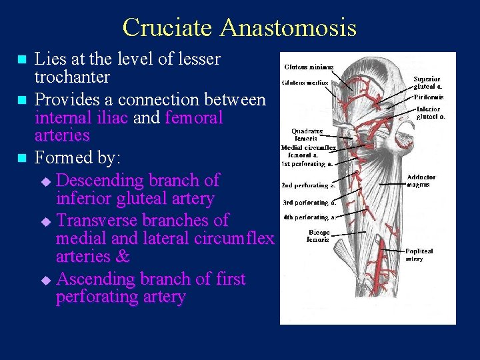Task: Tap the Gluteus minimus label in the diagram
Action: (x=309, y=67)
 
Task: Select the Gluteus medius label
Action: (x=305, y=83)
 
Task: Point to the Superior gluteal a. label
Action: (x=427, y=83)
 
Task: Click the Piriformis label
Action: (x=429, y=97)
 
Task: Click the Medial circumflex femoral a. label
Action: (x=308, y=151)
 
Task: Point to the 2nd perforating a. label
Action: (x=308, y=185)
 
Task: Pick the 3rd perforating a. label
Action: (x=309, y=202)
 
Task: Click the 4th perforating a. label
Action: (x=309, y=217)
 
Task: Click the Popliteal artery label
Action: (x=419, y=255)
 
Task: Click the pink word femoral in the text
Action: (x=193, y=118)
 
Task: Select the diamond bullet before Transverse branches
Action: (x=45, y=221)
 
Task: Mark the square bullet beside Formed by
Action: (x=23, y=159)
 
